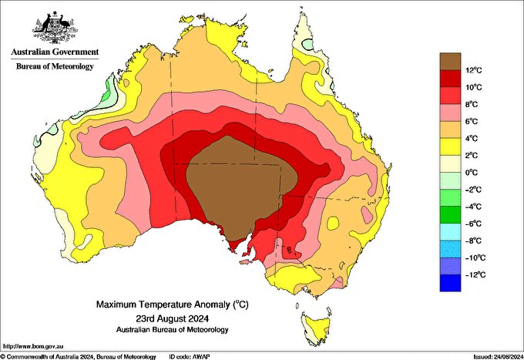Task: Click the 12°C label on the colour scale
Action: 452,70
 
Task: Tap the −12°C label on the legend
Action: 453,274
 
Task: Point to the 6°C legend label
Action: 452,122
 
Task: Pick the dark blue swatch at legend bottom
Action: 450,283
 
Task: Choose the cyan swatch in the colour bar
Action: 450,232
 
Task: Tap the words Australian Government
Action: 55,52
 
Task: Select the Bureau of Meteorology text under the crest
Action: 55,66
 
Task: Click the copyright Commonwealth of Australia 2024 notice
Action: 77,355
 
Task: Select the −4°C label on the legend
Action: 453,207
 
